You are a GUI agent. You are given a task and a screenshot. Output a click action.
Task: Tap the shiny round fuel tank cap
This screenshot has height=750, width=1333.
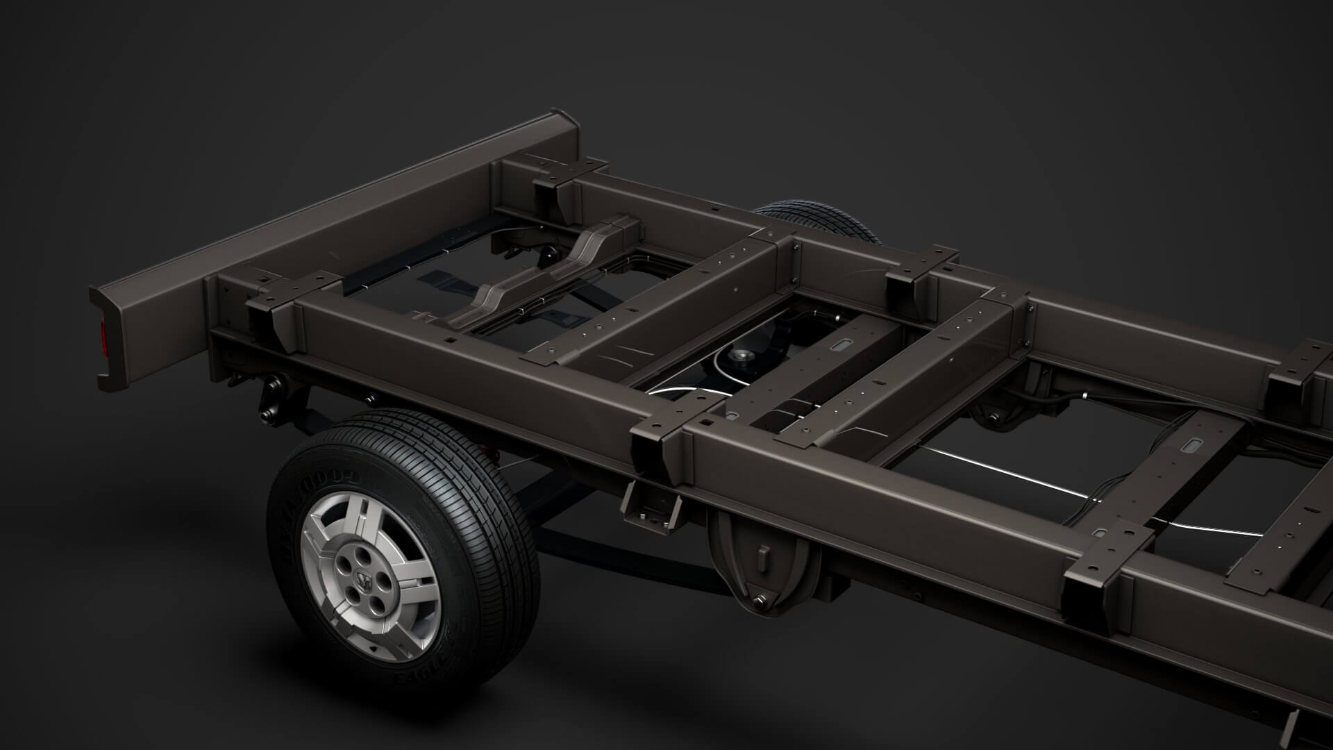coord(741,358)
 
